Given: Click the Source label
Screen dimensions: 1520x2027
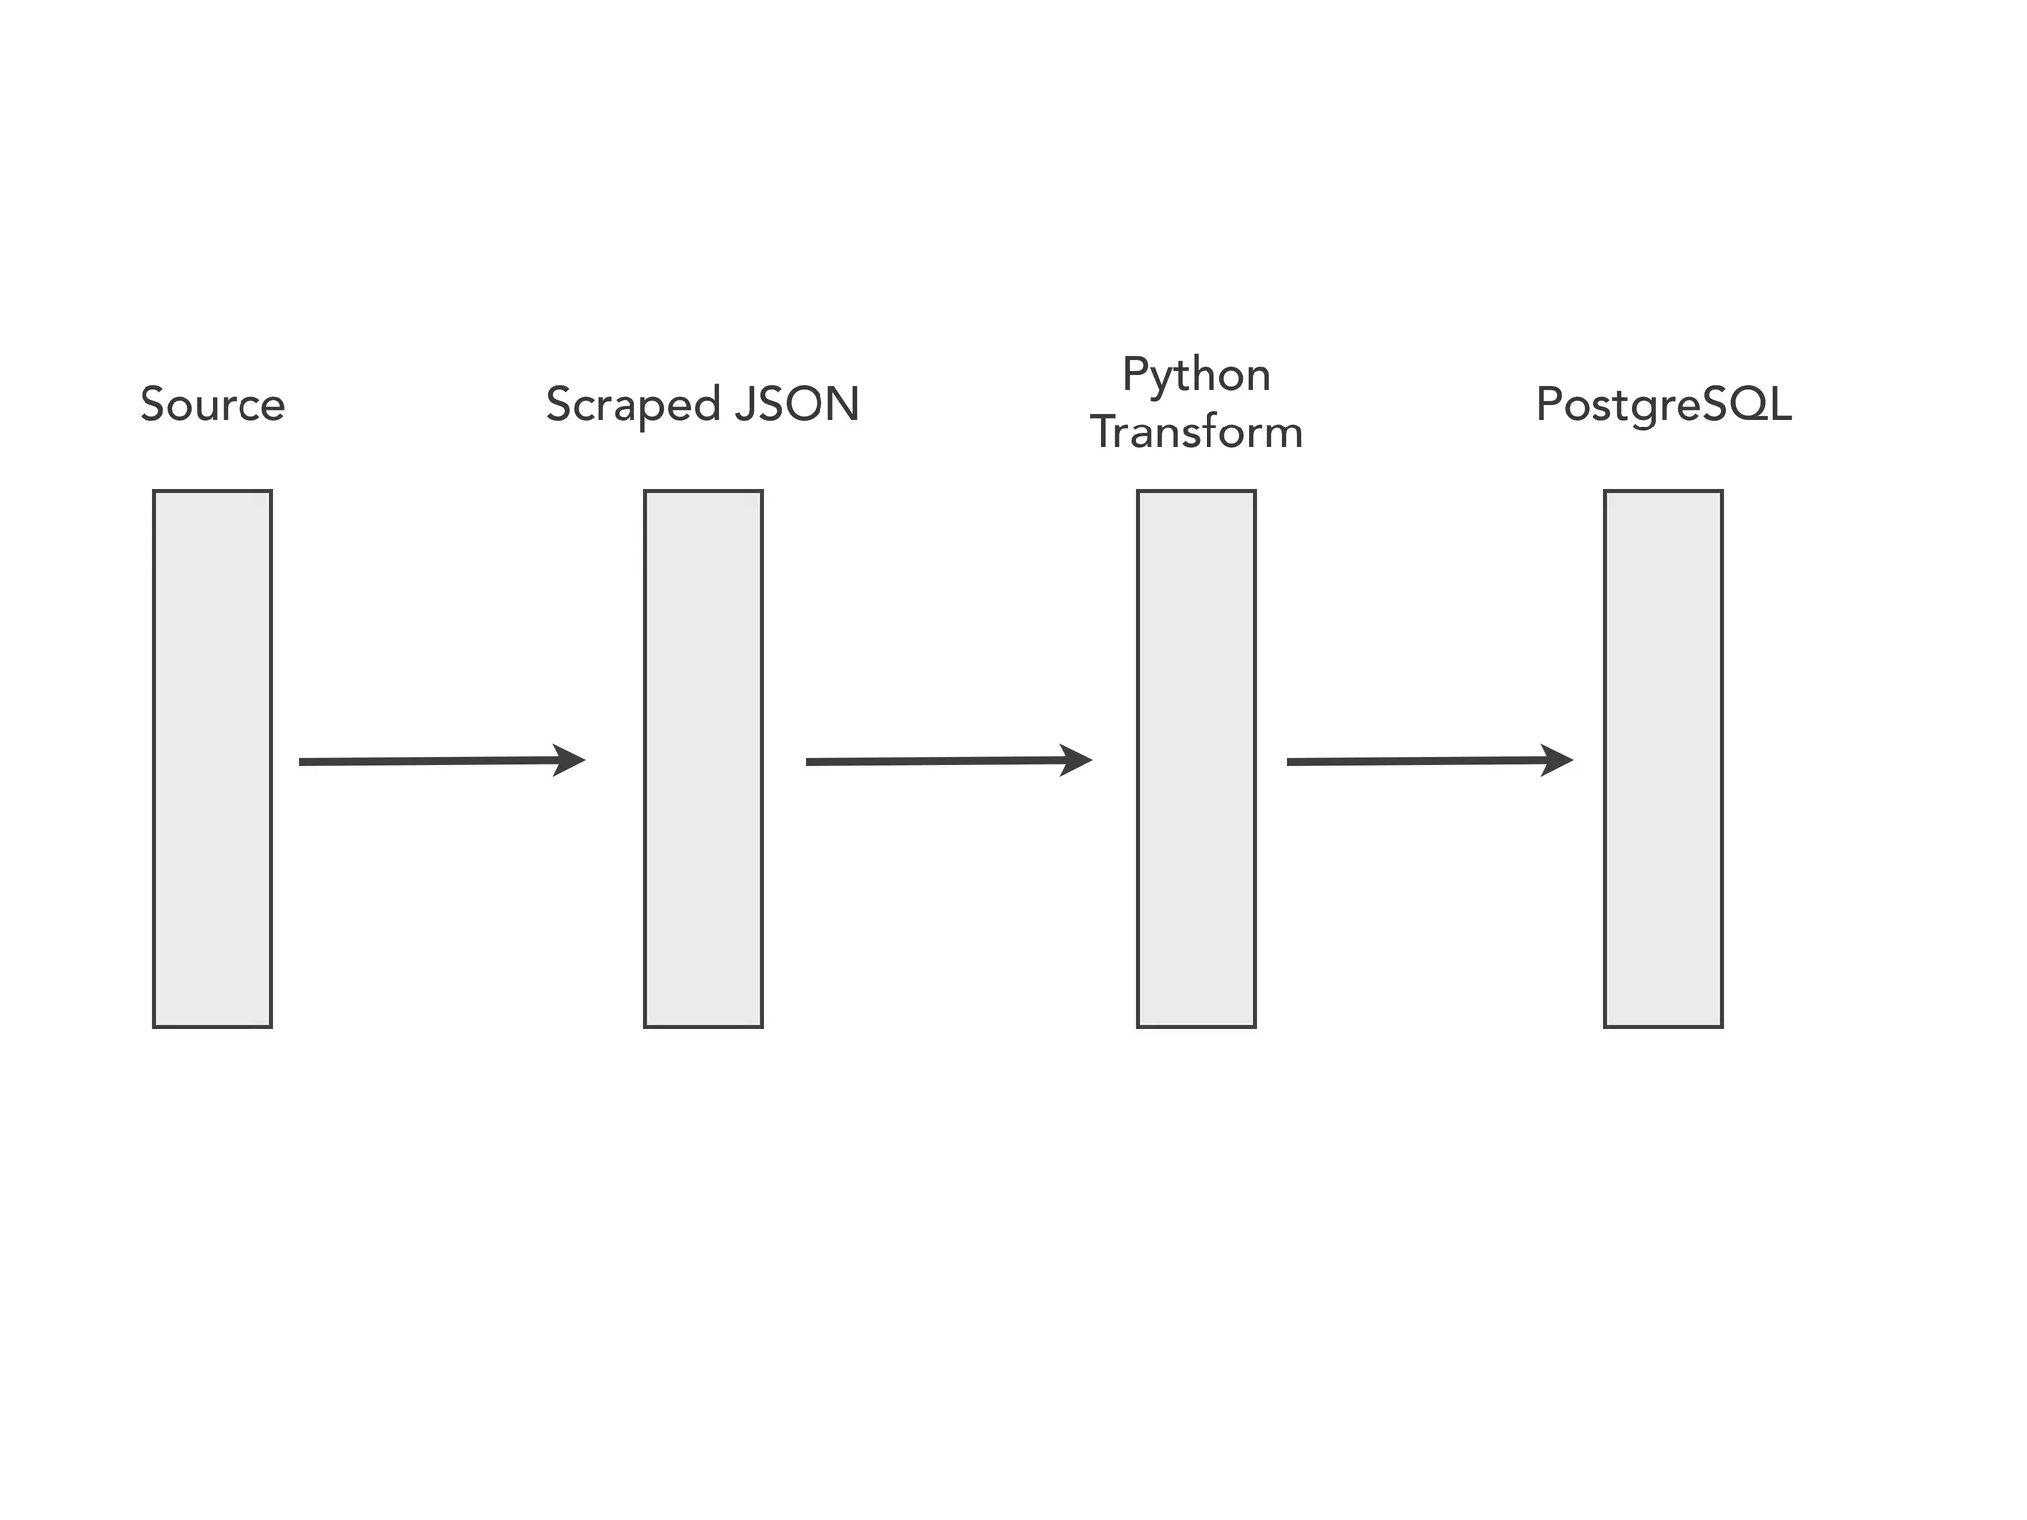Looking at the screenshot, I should click(x=212, y=404).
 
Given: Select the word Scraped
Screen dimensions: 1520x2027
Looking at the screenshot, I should click(x=632, y=405).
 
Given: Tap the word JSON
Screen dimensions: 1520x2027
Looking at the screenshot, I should click(x=797, y=404).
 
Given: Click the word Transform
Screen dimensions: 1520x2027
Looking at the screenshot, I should click(x=1196, y=432).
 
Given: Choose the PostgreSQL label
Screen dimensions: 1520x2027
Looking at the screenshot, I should click(x=1663, y=405).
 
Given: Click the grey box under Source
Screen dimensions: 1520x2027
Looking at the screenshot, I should click(x=212, y=758).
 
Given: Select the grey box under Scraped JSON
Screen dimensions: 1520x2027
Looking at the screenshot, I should click(x=703, y=758).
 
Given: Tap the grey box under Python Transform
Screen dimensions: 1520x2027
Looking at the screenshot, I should click(x=1196, y=758).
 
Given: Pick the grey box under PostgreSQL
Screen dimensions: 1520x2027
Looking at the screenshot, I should click(x=1663, y=758).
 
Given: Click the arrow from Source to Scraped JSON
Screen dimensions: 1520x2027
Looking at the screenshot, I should click(x=435, y=761).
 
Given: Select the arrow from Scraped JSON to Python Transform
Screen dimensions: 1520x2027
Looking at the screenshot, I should click(x=940, y=761).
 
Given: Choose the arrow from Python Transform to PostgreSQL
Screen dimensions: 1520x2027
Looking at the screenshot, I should click(x=1421, y=761).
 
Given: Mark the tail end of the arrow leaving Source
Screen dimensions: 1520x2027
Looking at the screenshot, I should click(x=303, y=762).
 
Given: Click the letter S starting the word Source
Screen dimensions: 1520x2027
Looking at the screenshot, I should click(x=151, y=404).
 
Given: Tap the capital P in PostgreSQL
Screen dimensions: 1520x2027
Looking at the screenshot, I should click(x=1547, y=404).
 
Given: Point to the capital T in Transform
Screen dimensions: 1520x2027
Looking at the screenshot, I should click(x=1103, y=432).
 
